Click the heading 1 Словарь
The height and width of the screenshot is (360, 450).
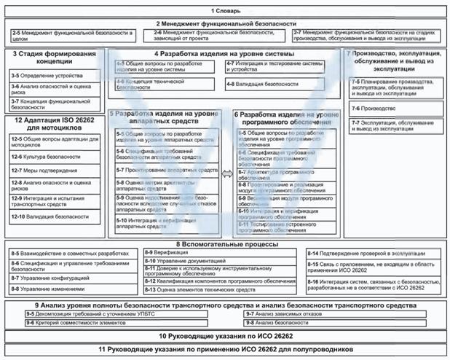225,12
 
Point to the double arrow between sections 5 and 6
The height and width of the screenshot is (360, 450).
226,173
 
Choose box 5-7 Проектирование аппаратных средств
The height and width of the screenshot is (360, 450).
167,170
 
